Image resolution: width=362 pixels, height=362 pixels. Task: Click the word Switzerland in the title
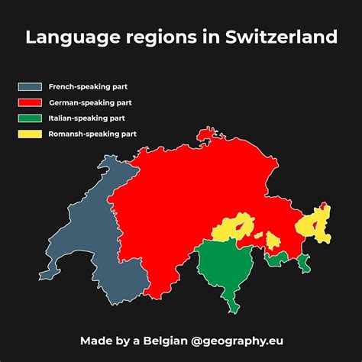[282, 37]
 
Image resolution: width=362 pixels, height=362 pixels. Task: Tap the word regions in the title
[166, 38]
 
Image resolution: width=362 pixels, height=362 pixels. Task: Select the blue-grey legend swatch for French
[31, 87]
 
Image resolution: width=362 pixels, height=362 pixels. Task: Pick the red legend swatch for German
[31, 102]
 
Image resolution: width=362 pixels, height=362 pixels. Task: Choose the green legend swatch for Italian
[31, 118]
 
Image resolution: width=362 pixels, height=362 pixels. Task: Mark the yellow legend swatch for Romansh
[31, 134]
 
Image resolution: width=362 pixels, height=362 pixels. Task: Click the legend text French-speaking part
[83, 87]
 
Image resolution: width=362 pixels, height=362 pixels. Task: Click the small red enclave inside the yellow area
[244, 227]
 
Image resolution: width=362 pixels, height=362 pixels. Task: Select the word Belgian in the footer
[162, 339]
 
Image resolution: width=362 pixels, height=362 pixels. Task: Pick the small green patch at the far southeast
[305, 263]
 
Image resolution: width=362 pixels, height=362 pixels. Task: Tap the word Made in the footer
[95, 339]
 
